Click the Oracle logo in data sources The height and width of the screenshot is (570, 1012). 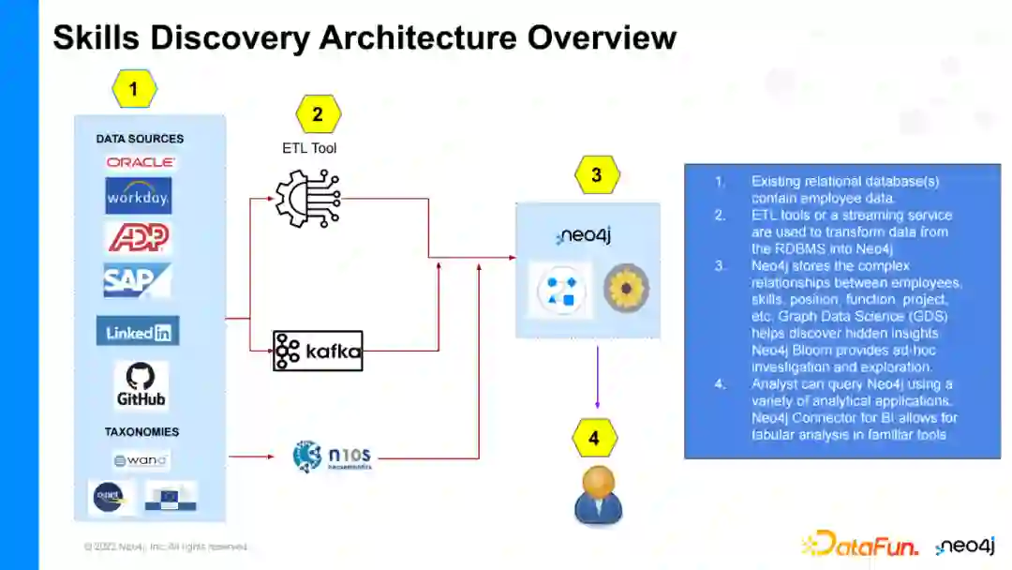(140, 161)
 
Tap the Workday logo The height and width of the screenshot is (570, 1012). (139, 196)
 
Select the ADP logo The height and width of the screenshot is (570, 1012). (139, 238)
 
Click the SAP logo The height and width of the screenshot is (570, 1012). (138, 279)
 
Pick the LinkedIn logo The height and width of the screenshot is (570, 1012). (138, 331)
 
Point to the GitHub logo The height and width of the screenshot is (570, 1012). (141, 384)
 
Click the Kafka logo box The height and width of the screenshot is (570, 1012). (318, 352)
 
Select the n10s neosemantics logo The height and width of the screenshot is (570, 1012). (333, 457)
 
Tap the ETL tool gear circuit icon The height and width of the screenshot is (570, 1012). (307, 198)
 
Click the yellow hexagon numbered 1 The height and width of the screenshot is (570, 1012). (134, 90)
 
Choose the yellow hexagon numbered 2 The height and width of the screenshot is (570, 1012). (318, 114)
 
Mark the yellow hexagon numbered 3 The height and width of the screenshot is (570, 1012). (597, 174)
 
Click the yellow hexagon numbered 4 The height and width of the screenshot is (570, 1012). (594, 438)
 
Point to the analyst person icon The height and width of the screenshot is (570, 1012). (598, 494)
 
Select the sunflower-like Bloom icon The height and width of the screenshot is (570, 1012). (626, 289)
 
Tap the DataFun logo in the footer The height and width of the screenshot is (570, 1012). (859, 543)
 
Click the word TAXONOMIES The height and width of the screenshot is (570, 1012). (141, 432)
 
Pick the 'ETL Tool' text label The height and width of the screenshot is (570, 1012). (309, 148)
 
